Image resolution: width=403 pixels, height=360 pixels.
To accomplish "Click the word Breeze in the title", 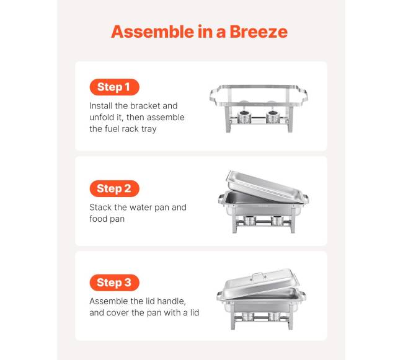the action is (x=259, y=32).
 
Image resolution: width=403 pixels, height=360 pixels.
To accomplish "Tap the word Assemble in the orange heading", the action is (x=153, y=32).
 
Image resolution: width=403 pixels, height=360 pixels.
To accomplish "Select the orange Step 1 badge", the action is (x=114, y=87).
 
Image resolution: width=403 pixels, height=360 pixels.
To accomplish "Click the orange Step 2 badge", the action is (x=114, y=188).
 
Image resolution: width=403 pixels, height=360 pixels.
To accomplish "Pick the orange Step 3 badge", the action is (x=114, y=283).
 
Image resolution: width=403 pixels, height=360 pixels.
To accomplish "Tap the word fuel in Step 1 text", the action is (x=112, y=129).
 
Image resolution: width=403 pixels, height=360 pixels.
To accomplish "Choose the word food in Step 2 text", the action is (x=97, y=219).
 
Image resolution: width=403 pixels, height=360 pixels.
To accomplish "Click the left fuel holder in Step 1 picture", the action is (x=244, y=117).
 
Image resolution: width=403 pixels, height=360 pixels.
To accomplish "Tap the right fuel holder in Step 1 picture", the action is (x=274, y=117).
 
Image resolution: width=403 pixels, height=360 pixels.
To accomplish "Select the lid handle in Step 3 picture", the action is (x=259, y=277).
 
